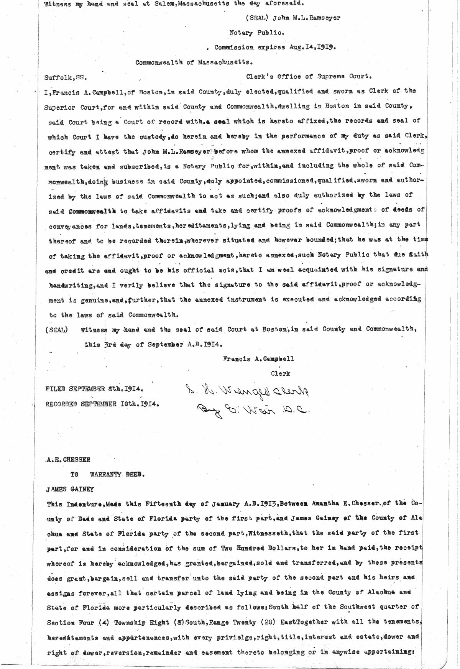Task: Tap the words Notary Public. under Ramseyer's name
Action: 256,33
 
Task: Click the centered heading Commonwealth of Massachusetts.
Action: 194,62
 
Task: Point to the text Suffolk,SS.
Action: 66,77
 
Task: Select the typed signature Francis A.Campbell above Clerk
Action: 258,359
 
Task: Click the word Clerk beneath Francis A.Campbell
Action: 280,373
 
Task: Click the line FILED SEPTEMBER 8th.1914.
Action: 94,389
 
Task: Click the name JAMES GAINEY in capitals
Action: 69,489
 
